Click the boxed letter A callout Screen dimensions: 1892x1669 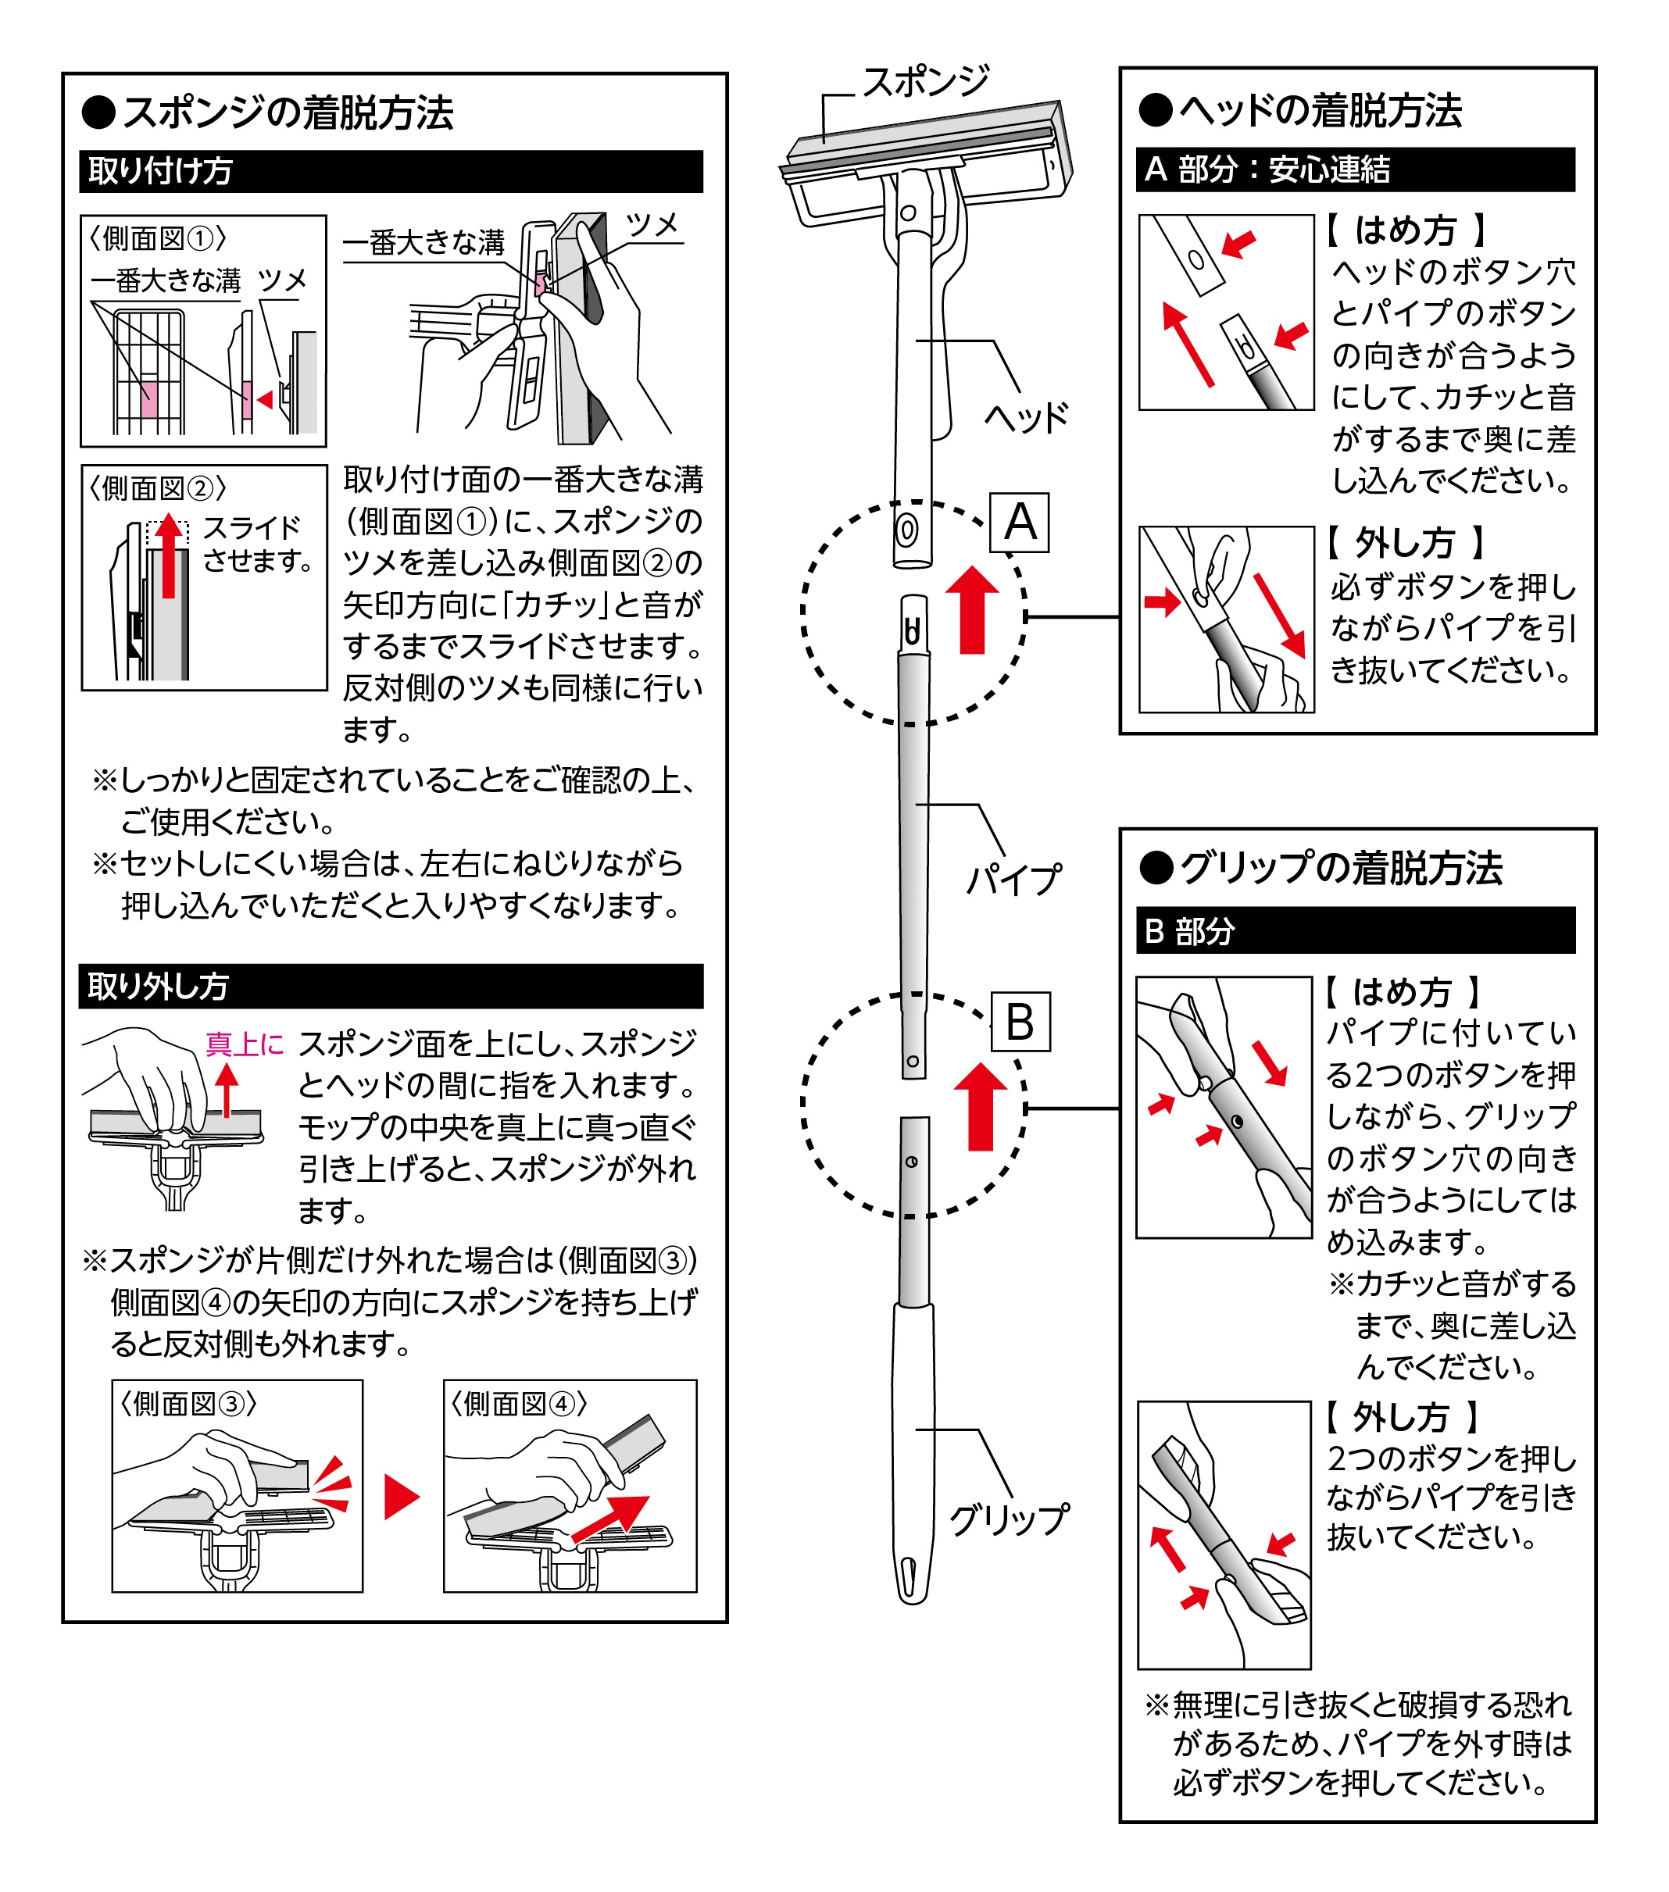(1019, 523)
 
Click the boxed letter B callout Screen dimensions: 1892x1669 (1020, 1022)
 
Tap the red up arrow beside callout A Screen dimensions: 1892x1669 (972, 610)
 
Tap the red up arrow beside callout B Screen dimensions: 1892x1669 (981, 1107)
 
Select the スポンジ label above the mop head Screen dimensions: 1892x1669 (926, 82)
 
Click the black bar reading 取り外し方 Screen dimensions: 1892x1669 (391, 987)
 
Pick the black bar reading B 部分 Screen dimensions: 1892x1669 (1355, 930)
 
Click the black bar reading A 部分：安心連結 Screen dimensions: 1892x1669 (1355, 170)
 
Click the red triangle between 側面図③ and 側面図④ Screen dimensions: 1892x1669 (401, 1497)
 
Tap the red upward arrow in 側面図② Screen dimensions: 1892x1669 (169, 556)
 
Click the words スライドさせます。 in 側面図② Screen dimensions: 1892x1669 (256, 544)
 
